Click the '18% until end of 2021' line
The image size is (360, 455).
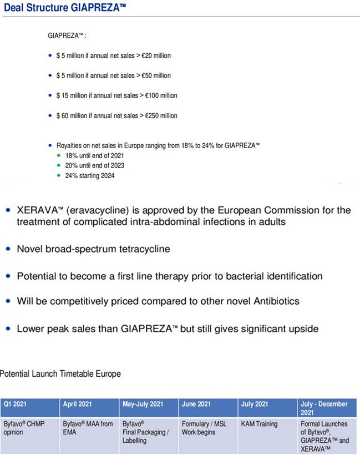coord(95,156)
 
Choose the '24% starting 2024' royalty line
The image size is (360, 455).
coord(90,175)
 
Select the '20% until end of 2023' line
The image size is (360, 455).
coord(95,165)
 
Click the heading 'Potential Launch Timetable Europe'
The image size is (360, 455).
coord(60,373)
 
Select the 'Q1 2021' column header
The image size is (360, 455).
coord(14,404)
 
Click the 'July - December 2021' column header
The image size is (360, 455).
coord(324,408)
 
